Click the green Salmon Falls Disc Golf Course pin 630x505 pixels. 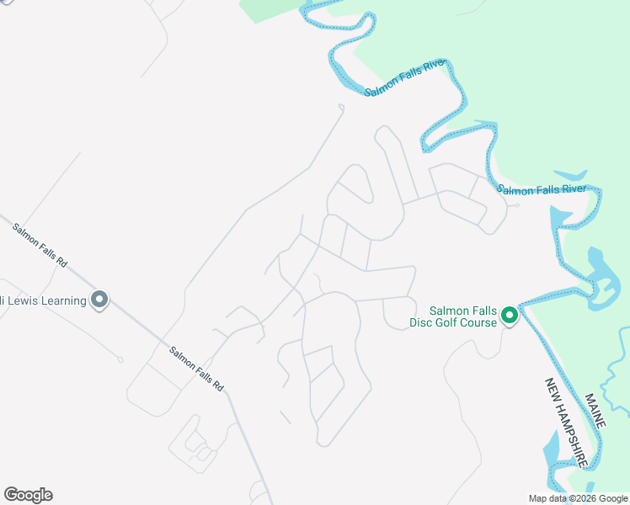[x=509, y=316]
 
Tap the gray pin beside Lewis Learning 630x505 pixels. [x=99, y=299]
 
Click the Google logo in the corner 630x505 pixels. [x=28, y=495]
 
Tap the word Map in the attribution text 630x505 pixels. [x=537, y=498]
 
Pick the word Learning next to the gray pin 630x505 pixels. [x=67, y=301]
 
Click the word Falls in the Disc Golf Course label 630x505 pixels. [x=484, y=310]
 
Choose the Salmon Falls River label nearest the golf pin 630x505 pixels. [x=541, y=189]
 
